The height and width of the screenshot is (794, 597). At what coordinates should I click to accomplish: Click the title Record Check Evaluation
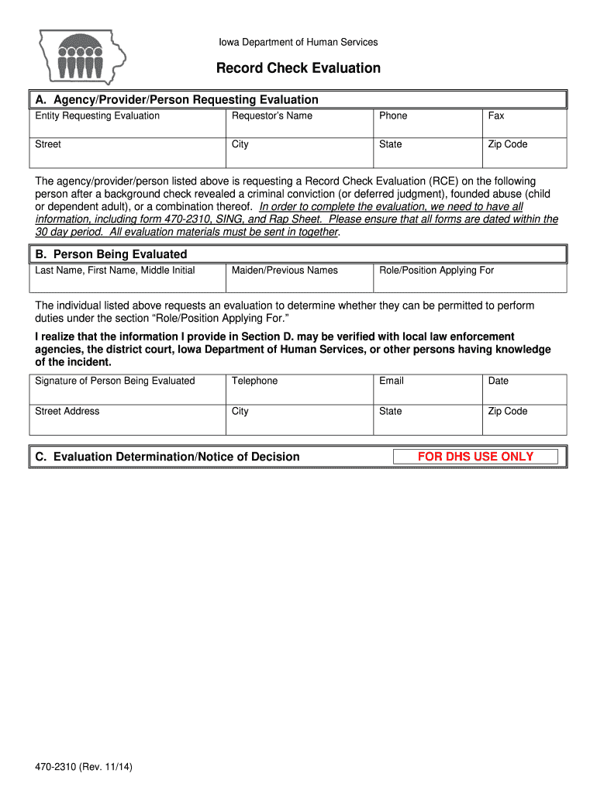coord(298,68)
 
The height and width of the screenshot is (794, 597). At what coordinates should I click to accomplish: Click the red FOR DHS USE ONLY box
coord(475,457)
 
